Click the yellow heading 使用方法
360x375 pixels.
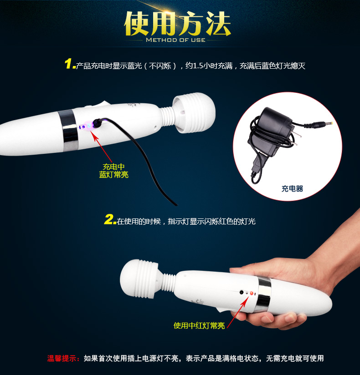(177, 24)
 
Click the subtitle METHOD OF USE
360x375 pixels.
(175, 40)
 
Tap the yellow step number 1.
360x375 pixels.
(69, 64)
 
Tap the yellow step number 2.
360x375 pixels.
(110, 219)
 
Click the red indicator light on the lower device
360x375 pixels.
(252, 293)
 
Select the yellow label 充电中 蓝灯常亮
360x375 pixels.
(114, 171)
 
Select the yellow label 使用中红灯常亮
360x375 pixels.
(199, 325)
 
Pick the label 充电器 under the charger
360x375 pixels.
(292, 189)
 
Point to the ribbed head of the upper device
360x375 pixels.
(194, 113)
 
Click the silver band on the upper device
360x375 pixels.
(68, 130)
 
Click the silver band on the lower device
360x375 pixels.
(264, 295)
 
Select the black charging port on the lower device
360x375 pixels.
(242, 292)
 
